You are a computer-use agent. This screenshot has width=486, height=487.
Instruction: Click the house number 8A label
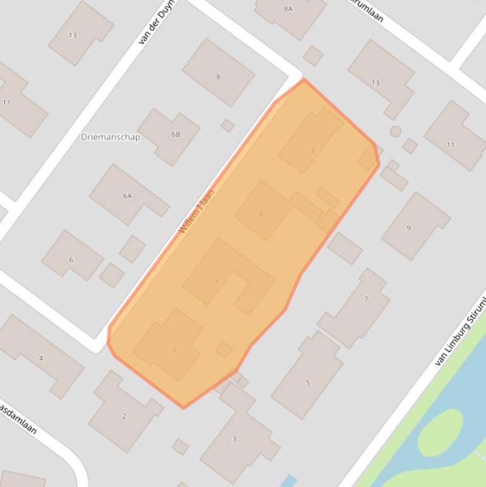click(288, 9)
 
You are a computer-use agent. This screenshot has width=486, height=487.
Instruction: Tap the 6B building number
click(175, 134)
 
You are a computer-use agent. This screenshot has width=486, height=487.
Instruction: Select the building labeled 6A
click(127, 196)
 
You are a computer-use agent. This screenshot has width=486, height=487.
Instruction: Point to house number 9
click(408, 228)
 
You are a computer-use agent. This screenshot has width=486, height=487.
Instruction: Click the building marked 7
click(365, 299)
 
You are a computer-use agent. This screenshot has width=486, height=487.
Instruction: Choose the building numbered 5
click(308, 383)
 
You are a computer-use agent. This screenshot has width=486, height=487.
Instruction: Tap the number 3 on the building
click(234, 439)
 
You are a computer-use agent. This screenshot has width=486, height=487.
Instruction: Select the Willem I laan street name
click(197, 211)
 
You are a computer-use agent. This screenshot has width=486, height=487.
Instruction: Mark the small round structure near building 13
click(396, 132)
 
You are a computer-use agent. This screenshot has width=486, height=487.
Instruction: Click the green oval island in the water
click(440, 431)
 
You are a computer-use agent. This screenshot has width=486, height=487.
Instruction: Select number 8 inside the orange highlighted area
click(313, 151)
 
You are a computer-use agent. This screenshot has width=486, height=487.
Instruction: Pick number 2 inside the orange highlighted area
click(174, 348)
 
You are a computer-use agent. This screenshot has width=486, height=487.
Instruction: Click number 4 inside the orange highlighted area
click(217, 281)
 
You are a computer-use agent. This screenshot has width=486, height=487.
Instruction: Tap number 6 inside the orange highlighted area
click(261, 214)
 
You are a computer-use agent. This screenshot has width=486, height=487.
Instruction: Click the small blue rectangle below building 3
click(288, 481)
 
